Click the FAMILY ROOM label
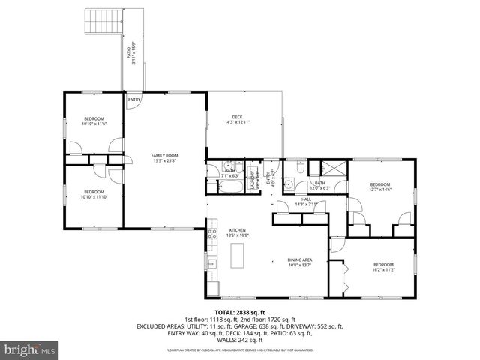tap(163, 156)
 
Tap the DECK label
tap(237, 117)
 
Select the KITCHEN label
tap(237, 230)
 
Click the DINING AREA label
tap(299, 260)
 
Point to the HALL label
tap(307, 199)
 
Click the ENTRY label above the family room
tap(134, 100)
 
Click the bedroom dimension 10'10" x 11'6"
tap(94, 124)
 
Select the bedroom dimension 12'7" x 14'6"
tap(380, 190)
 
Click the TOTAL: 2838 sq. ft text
tap(240, 312)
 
